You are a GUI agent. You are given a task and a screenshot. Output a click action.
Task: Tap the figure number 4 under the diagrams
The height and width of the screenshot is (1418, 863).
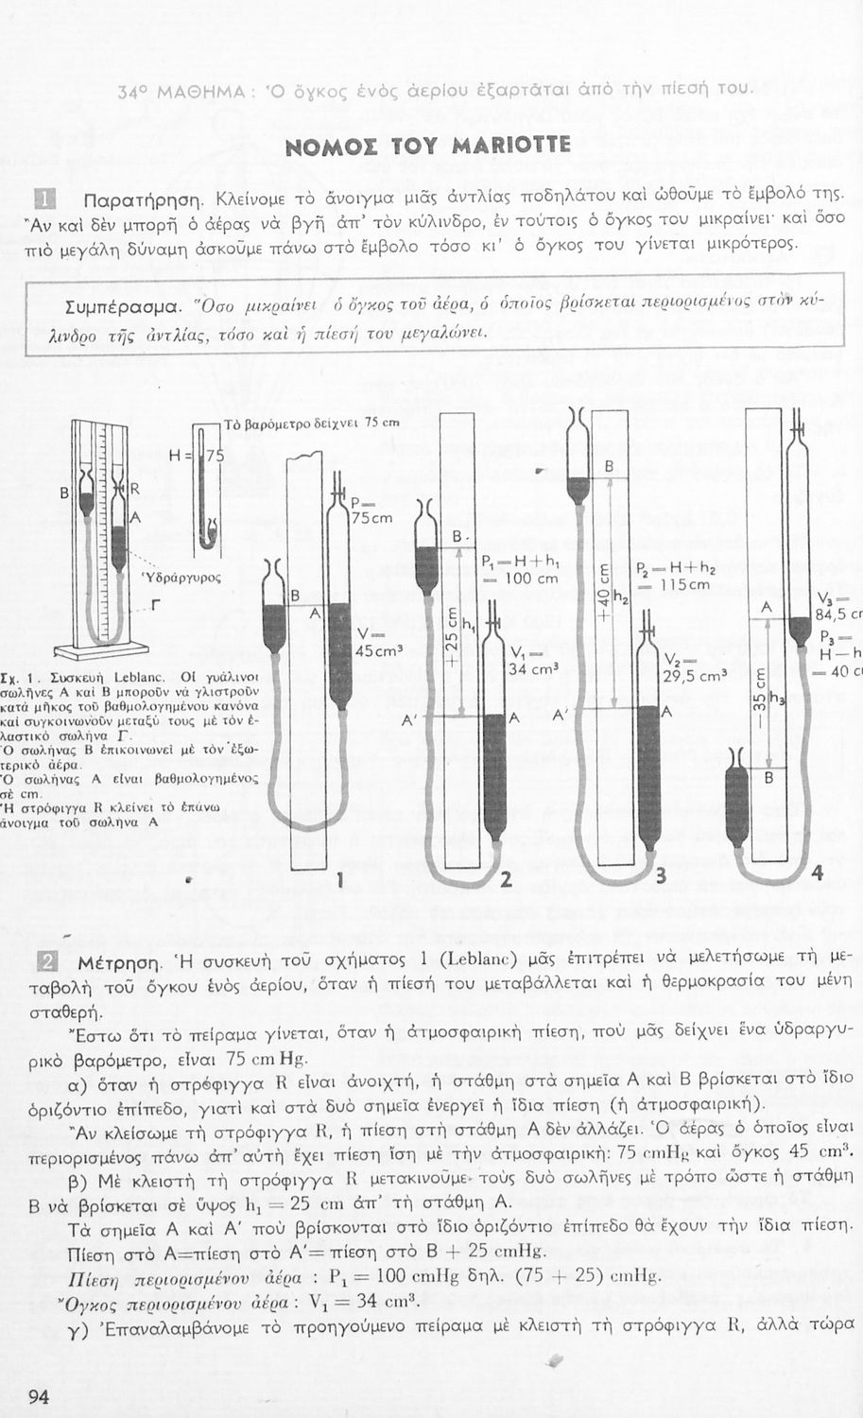click(818, 874)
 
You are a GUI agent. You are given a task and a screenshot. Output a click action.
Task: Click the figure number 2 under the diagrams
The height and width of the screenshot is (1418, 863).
click(506, 881)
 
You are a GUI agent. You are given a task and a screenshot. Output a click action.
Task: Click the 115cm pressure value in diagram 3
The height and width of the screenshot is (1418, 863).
click(684, 585)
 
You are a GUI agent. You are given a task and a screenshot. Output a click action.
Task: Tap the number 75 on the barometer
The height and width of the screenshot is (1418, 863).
click(216, 455)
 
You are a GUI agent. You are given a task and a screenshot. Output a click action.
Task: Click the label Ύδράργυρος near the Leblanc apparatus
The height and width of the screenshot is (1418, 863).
click(181, 576)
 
